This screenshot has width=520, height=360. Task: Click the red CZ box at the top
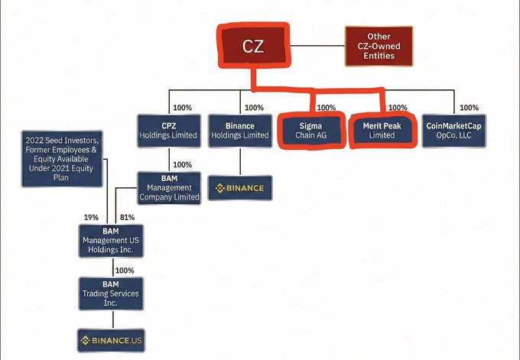254,45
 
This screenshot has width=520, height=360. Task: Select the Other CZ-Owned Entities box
379,45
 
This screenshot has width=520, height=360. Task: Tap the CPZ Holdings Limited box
170,131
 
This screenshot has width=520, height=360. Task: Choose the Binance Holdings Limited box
240,131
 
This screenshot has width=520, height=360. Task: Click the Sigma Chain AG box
310,131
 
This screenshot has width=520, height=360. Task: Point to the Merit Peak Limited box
382,131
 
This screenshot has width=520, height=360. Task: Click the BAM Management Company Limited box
170,188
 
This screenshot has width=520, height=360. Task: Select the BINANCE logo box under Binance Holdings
240,188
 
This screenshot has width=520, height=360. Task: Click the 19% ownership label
91,217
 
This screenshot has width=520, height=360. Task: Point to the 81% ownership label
127,217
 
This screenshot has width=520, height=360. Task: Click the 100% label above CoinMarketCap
470,108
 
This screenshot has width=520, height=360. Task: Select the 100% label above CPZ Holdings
184,108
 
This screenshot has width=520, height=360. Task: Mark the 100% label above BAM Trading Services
124,270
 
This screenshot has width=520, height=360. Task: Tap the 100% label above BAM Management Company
182,164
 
